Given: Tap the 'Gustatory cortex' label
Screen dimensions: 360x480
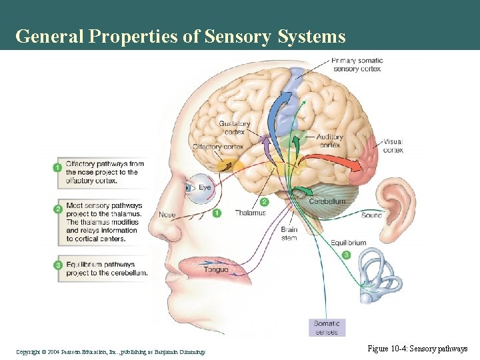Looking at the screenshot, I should click(x=235, y=127).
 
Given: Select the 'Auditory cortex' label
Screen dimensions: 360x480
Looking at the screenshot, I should click(x=330, y=141).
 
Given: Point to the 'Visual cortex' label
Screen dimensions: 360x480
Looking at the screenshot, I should click(x=393, y=145).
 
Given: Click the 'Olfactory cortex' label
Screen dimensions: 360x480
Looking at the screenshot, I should click(x=218, y=147).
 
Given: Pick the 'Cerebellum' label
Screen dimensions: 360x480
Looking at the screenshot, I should click(x=327, y=201).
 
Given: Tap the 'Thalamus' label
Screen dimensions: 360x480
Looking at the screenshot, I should click(x=250, y=213).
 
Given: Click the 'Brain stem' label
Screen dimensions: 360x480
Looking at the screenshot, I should click(x=289, y=233).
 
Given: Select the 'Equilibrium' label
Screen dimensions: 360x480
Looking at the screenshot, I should click(x=348, y=243).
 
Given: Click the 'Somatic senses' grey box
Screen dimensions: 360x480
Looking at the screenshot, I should click(x=327, y=327).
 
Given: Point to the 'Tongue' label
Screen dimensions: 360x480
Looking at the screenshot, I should click(x=215, y=269).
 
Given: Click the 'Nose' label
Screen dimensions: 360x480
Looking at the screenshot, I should click(x=167, y=215).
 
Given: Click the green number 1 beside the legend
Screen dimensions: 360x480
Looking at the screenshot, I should click(x=58, y=167).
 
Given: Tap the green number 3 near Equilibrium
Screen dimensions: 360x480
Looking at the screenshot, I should click(x=346, y=255).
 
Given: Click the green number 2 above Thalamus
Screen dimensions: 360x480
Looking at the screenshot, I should click(x=265, y=201).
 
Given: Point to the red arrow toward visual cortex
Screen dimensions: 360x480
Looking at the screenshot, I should click(x=333, y=163).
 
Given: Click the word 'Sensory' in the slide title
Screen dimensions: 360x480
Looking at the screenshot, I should click(x=240, y=36).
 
